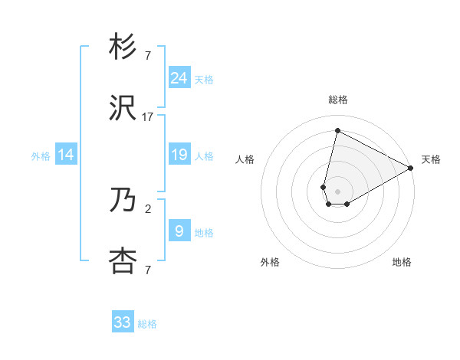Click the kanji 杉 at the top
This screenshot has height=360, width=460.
pyautogui.click(x=123, y=47)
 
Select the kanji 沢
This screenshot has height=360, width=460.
pyautogui.click(x=123, y=108)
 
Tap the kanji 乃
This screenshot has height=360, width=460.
pyautogui.click(x=123, y=201)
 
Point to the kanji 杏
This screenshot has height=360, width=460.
pyautogui.click(x=123, y=261)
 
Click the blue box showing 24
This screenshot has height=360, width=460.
pyautogui.click(x=179, y=77)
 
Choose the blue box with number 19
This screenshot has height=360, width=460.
pyautogui.click(x=179, y=155)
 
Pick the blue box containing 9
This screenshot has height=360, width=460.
pyautogui.click(x=179, y=231)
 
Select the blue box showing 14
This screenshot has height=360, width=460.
pyautogui.click(x=66, y=155)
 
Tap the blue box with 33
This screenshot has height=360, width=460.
pyautogui.click(x=123, y=322)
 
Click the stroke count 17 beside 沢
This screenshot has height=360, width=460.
pyautogui.click(x=148, y=117)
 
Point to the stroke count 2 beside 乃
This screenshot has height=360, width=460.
pyautogui.click(x=148, y=208)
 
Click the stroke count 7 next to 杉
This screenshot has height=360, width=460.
pyautogui.click(x=148, y=56)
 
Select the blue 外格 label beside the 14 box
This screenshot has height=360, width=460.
pyautogui.click(x=41, y=155)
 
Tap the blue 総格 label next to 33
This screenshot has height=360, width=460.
pyautogui.click(x=147, y=324)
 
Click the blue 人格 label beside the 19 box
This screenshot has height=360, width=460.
pyautogui.click(x=204, y=155)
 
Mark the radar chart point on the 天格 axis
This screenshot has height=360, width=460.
pyautogui.click(x=412, y=169)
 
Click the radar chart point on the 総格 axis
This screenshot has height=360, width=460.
pyautogui.click(x=337, y=131)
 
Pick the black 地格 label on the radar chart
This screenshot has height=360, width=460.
pyautogui.click(x=402, y=262)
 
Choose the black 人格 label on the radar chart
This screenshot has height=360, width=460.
pyautogui.click(x=245, y=159)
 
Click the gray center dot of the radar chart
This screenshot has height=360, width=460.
pyautogui.click(x=337, y=191)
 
